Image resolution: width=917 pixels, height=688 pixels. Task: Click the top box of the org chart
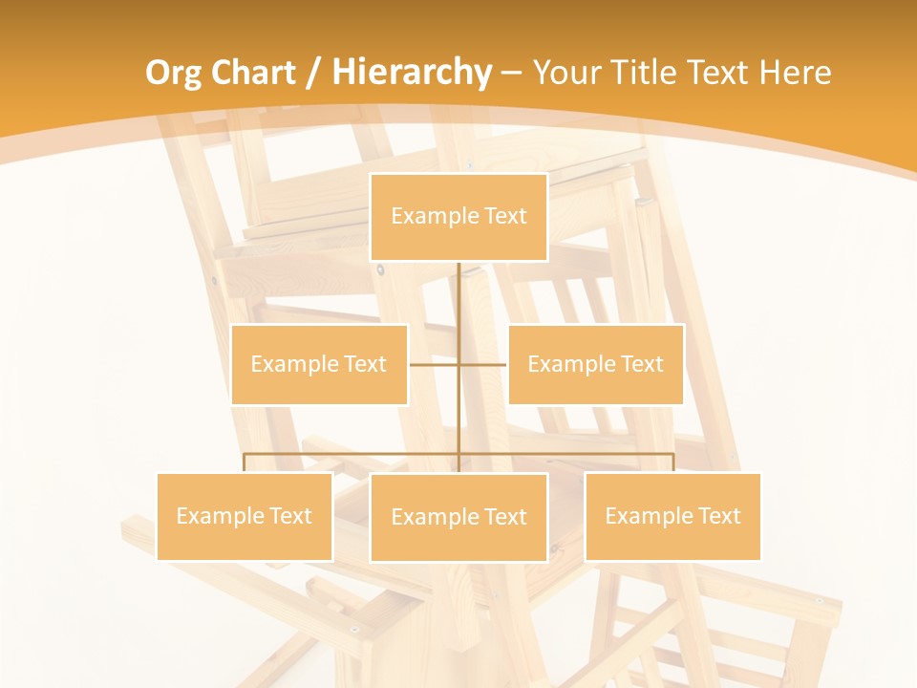coord(458,217)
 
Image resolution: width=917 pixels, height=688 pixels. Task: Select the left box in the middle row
coord(319,364)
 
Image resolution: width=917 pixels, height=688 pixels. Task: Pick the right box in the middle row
coord(595,364)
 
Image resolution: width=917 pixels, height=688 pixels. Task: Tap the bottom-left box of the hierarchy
coord(244,516)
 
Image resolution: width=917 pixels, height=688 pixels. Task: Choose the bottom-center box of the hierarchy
coord(458,517)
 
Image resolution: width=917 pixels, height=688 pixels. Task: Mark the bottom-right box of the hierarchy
coord(672,516)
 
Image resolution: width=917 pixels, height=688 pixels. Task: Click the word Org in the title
coord(173,73)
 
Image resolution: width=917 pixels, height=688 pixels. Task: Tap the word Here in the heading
coord(795,73)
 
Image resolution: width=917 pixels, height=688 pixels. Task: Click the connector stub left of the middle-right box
coord(483,364)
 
